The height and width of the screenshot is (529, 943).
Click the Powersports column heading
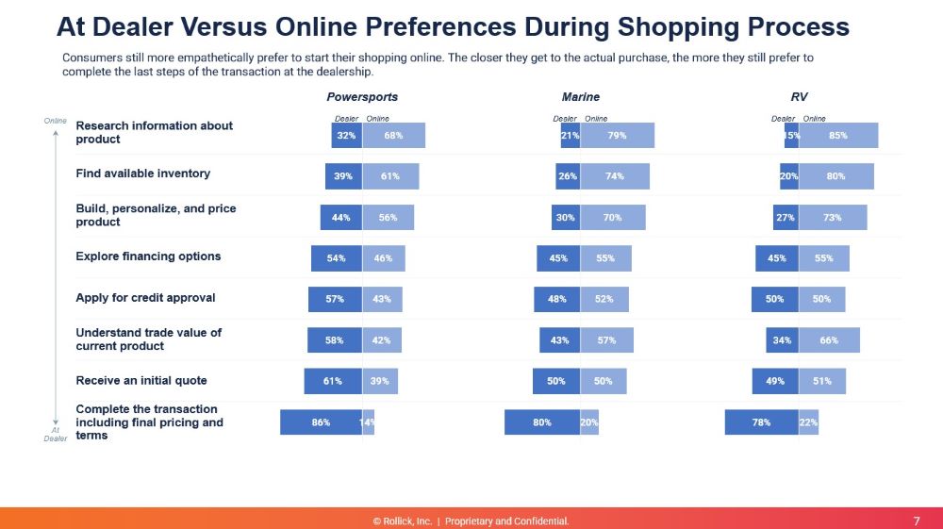[362, 97]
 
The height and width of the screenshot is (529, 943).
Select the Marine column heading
[580, 97]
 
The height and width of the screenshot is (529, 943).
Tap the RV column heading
[799, 97]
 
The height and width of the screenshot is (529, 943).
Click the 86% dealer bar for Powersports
[322, 422]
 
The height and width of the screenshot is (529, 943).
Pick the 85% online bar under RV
[838, 136]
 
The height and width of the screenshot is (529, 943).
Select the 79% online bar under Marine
[617, 136]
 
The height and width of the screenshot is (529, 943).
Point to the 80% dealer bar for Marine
[542, 422]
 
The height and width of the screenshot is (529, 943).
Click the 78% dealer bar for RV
[762, 422]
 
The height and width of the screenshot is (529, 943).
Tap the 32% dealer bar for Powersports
[347, 136]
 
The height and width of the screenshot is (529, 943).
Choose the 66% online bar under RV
[829, 339]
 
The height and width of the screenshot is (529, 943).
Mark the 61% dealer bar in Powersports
[333, 381]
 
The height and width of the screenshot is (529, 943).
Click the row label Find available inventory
[143, 174]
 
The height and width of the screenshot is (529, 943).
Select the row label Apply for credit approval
[145, 298]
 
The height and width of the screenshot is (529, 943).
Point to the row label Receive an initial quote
[141, 381]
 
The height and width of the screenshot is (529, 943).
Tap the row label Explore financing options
[148, 256]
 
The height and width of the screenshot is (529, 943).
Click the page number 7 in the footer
[917, 521]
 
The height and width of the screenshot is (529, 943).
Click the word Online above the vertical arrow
[56, 121]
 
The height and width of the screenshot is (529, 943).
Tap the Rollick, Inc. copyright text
[402, 521]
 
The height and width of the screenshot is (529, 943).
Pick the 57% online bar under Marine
[606, 339]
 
